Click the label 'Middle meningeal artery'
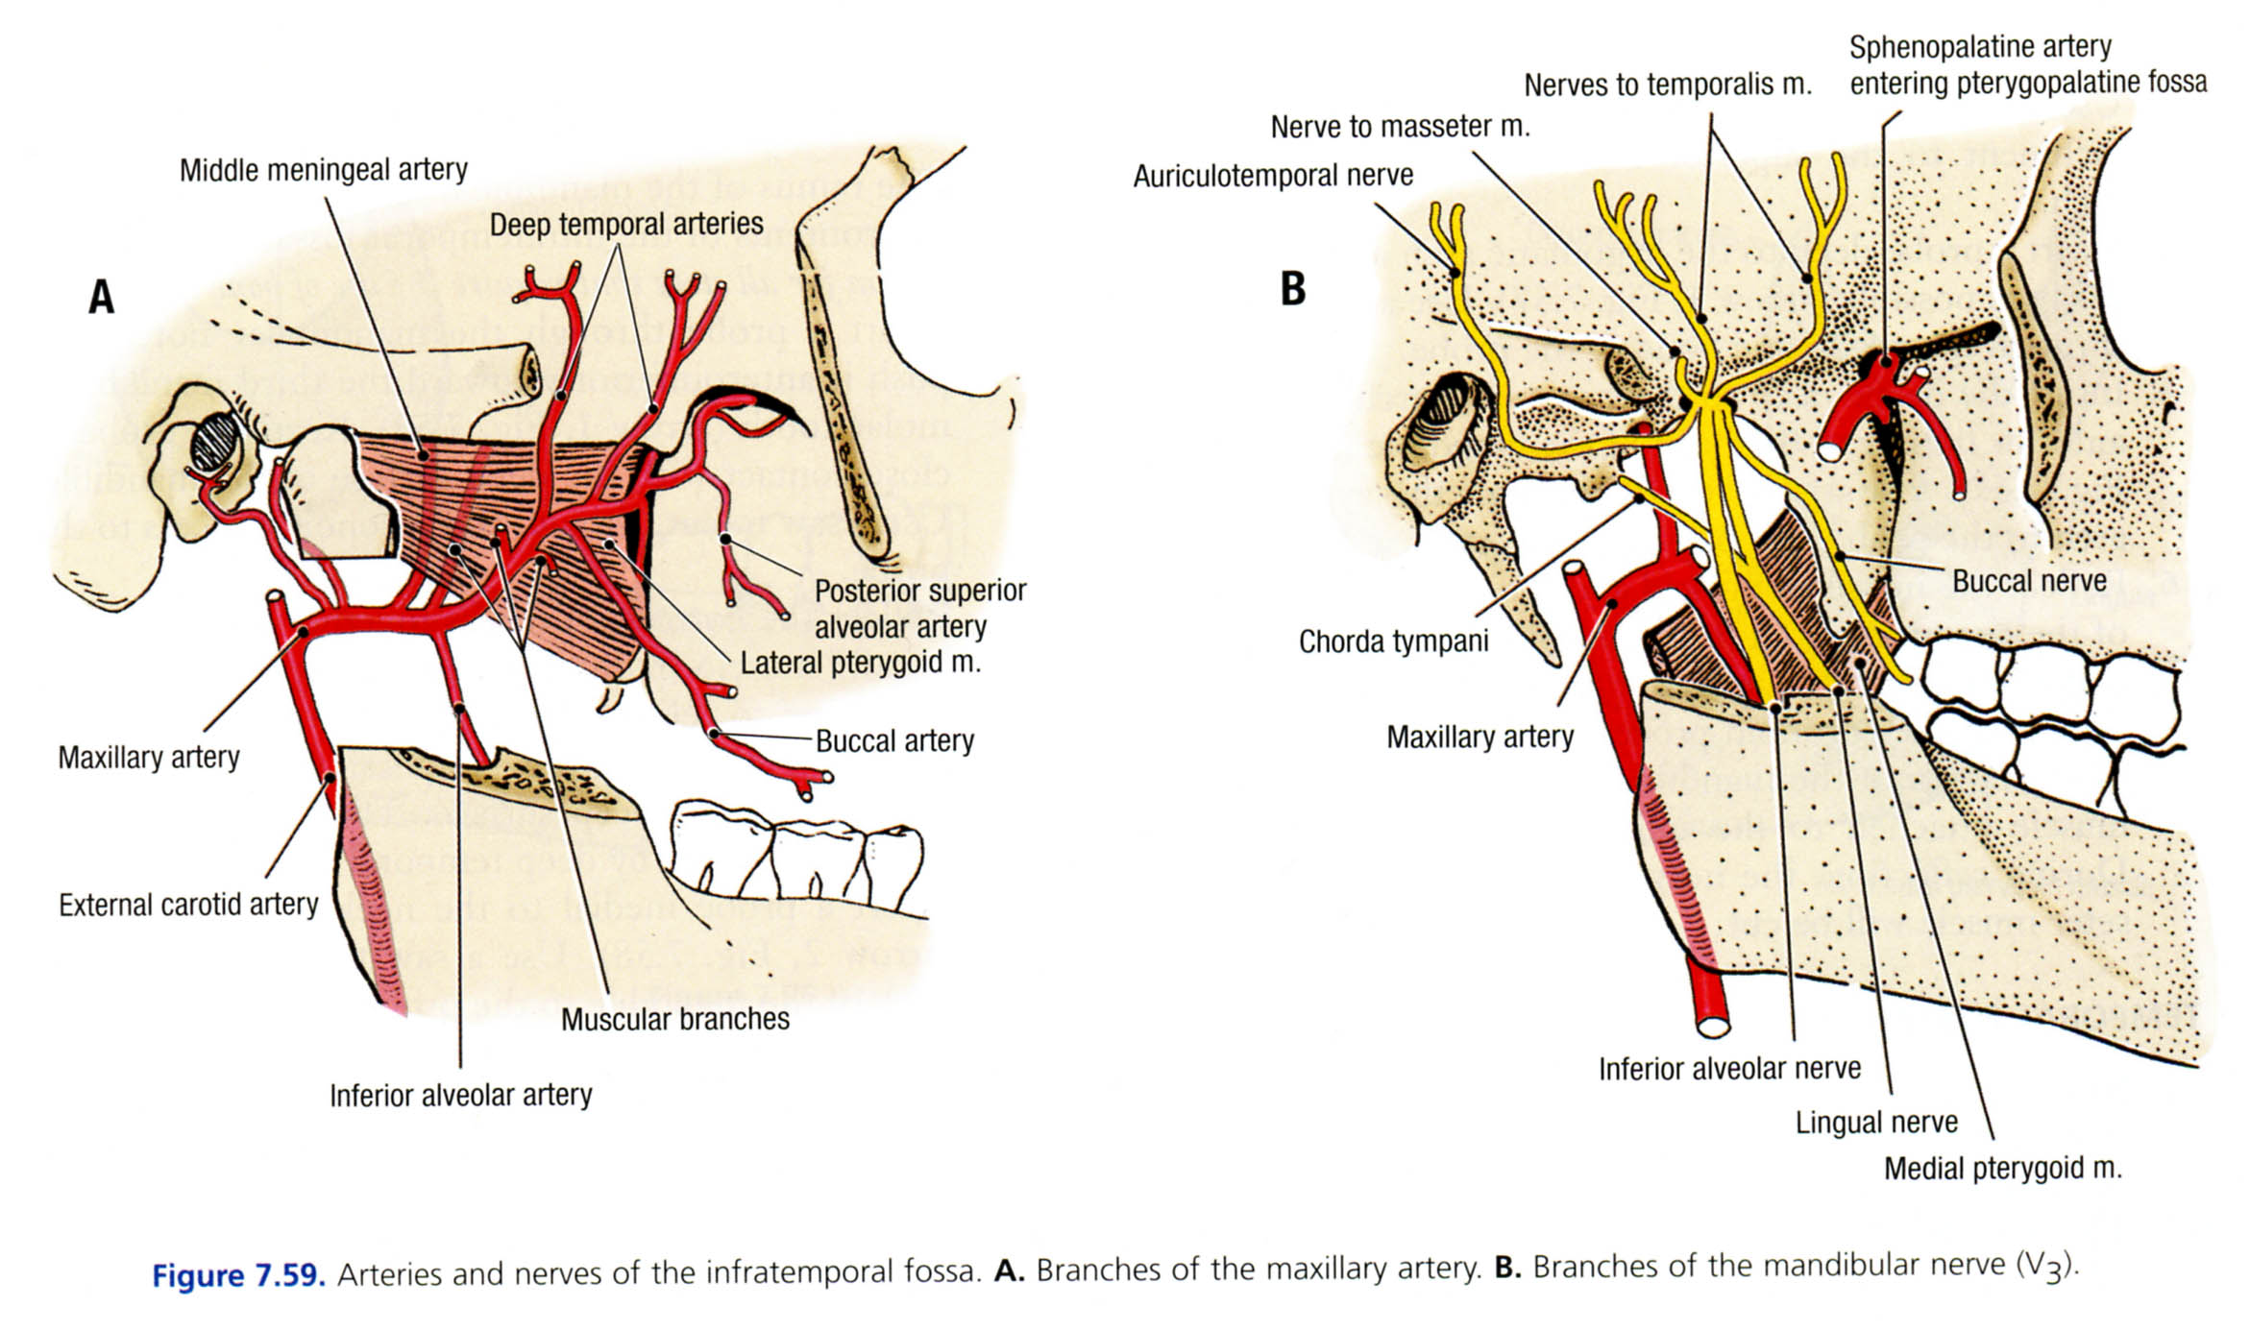(x=323, y=170)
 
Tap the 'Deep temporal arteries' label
(x=625, y=225)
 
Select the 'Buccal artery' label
(x=894, y=740)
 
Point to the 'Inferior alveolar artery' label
(x=460, y=1095)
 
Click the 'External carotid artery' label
(x=188, y=905)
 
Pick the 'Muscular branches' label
(x=674, y=1019)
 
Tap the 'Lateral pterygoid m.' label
(x=860, y=663)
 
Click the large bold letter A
(x=102, y=297)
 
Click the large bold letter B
(x=1293, y=288)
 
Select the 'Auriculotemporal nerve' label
(x=1273, y=176)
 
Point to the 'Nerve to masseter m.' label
(x=1400, y=127)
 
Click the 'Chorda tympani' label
(x=1393, y=641)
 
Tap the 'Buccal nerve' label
(x=2029, y=581)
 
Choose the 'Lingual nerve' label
(x=1876, y=1122)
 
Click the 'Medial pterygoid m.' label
(x=2002, y=1169)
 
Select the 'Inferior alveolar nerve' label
(x=1729, y=1069)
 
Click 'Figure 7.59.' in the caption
(x=238, y=1275)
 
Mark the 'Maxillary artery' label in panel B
(x=1480, y=738)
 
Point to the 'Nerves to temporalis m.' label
(x=1667, y=85)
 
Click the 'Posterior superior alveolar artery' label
(x=919, y=608)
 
